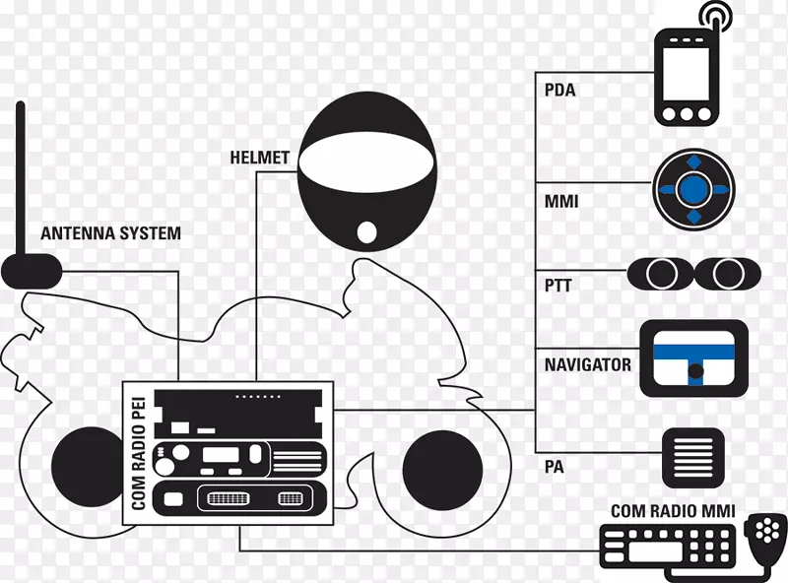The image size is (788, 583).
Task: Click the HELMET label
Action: [260, 158]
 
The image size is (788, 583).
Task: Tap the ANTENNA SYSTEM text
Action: [110, 234]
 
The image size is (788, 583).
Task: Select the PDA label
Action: [559, 91]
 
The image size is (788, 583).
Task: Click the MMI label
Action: [560, 202]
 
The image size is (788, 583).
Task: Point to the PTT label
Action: [558, 287]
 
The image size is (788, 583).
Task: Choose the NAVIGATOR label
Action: [588, 364]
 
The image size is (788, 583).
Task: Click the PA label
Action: [555, 467]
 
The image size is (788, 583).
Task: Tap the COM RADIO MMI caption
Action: [672, 511]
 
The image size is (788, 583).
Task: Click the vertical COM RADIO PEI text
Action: [138, 453]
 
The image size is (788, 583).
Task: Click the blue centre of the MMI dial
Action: [693, 186]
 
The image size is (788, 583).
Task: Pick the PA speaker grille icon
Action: [693, 456]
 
